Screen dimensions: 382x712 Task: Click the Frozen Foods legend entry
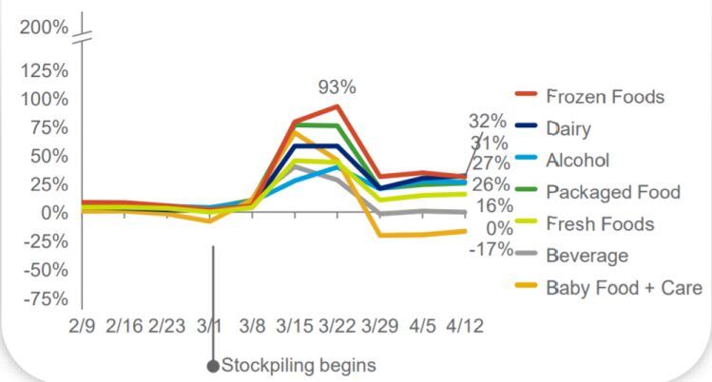tap(605, 96)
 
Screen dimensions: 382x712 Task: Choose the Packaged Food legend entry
tap(613, 192)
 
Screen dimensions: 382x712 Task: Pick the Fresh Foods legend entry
tap(600, 223)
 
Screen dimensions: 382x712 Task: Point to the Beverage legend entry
tap(587, 255)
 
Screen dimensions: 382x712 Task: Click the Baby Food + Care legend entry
tap(624, 287)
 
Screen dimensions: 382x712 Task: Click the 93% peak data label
tap(337, 86)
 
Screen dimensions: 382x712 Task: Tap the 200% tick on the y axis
tap(44, 27)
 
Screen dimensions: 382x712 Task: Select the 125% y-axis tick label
tap(44, 70)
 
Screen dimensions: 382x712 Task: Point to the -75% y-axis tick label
tap(44, 298)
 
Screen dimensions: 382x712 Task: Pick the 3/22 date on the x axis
tap(337, 326)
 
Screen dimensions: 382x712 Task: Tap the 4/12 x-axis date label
tap(465, 326)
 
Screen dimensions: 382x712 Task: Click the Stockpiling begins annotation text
tap(298, 365)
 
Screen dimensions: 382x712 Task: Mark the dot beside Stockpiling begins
tap(213, 366)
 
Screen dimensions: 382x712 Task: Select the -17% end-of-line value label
tap(491, 249)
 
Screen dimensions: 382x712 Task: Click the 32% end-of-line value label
tap(487, 121)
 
